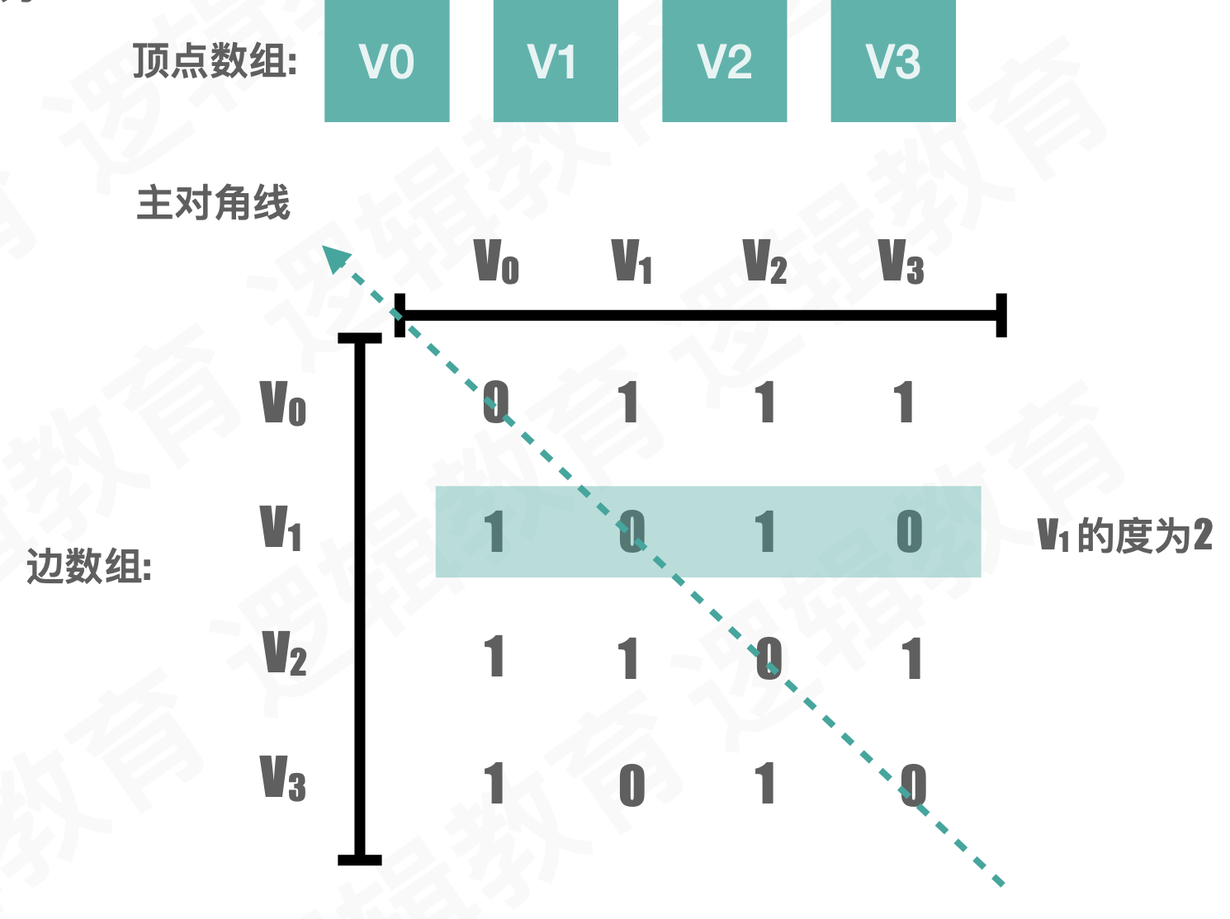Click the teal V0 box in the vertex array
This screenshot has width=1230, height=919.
(x=386, y=61)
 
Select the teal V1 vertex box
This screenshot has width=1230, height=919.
(x=556, y=61)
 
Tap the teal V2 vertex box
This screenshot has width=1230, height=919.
(x=724, y=61)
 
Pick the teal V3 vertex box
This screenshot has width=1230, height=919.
(x=893, y=61)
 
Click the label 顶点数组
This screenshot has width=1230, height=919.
(x=215, y=61)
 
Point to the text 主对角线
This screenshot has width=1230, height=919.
(x=213, y=203)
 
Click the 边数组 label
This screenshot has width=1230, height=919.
(x=89, y=567)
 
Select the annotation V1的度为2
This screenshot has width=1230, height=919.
(x=1124, y=535)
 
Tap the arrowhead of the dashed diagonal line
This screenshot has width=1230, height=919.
(x=334, y=257)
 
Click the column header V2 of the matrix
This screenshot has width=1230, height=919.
(x=764, y=262)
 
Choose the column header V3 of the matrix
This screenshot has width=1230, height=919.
(x=901, y=262)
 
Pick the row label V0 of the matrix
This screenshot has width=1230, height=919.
(x=283, y=403)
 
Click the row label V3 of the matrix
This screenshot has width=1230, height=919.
(x=283, y=778)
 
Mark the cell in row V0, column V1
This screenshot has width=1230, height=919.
(x=630, y=403)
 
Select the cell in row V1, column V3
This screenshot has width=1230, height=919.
(x=909, y=530)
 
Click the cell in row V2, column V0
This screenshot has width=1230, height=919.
(x=494, y=657)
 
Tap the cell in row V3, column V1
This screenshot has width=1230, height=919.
(x=632, y=785)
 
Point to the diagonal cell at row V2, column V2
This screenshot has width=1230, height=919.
(x=769, y=658)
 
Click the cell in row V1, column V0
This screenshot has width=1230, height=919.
(x=494, y=531)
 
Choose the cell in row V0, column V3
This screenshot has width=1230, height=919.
(x=905, y=403)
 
